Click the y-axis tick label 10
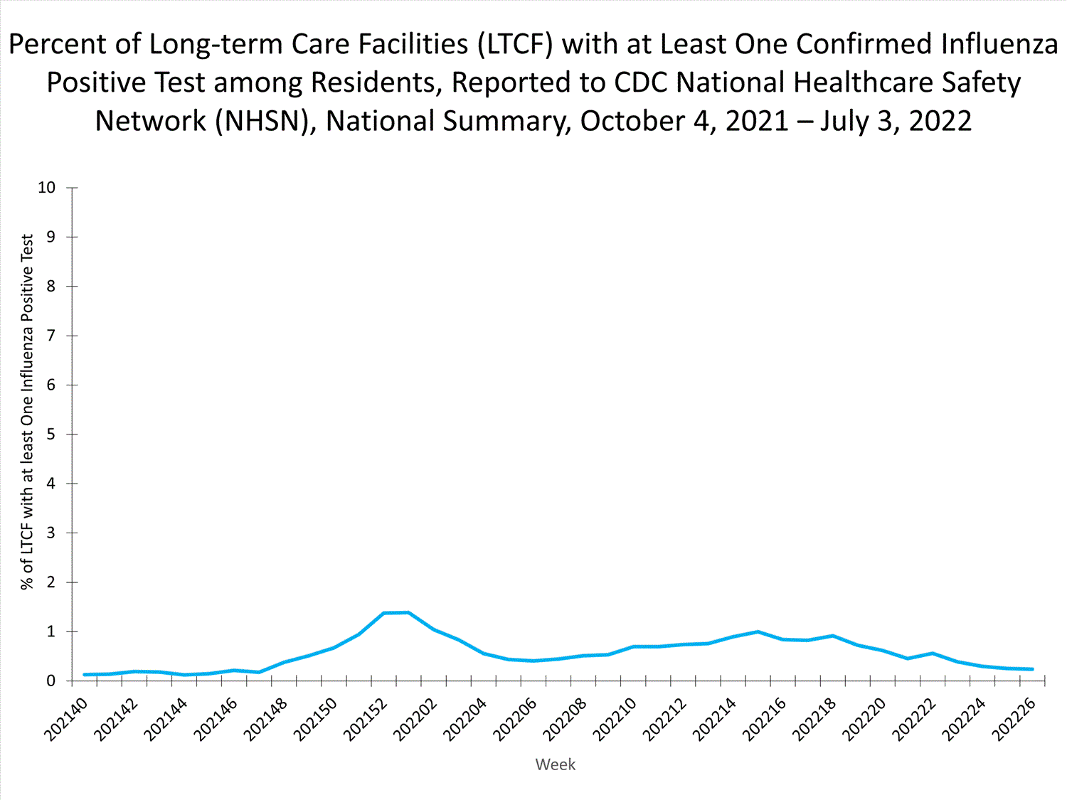tap(46, 188)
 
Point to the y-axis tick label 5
tap(51, 434)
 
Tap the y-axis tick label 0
tap(51, 681)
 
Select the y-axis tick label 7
tap(51, 336)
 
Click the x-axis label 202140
tap(66, 720)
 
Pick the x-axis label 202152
tap(366, 720)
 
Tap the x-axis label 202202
tap(415, 720)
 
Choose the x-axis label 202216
tap(765, 720)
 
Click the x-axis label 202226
tap(1014, 720)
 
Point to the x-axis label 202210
tap(615, 720)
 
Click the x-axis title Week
tap(555, 764)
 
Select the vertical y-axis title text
tap(27, 412)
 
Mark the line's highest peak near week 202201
tap(408, 612)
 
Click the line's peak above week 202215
tap(757, 631)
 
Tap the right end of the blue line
tap(1032, 669)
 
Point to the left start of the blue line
tap(85, 674)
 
